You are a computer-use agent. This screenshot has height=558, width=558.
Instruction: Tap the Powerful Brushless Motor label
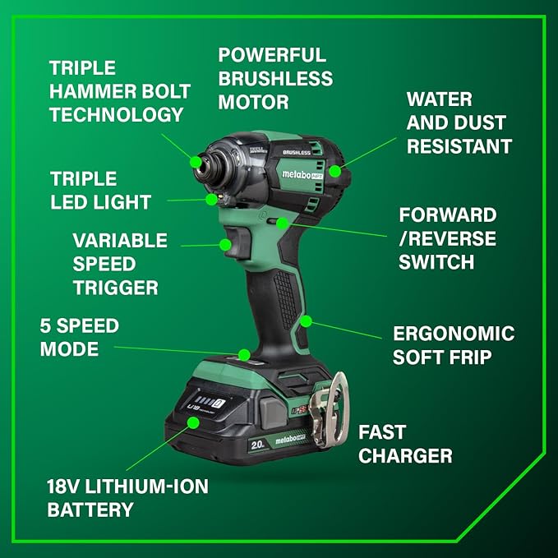coord(275,79)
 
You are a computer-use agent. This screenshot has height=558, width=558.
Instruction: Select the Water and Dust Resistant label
coord(459,123)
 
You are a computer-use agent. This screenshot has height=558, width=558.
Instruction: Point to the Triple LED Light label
coord(100,191)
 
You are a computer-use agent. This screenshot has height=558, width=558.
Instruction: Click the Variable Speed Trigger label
coord(120,265)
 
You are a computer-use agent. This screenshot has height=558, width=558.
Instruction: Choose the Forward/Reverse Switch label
coord(448,238)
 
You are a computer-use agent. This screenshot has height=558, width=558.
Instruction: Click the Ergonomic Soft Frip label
coord(453,345)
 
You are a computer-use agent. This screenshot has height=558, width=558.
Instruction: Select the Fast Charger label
coord(405,444)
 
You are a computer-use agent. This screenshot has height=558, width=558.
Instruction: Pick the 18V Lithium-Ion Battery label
coord(127,498)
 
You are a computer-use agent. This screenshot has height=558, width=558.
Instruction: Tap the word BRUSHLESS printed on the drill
coord(295,151)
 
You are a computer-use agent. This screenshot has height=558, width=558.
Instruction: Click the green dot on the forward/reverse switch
coord(282,222)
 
